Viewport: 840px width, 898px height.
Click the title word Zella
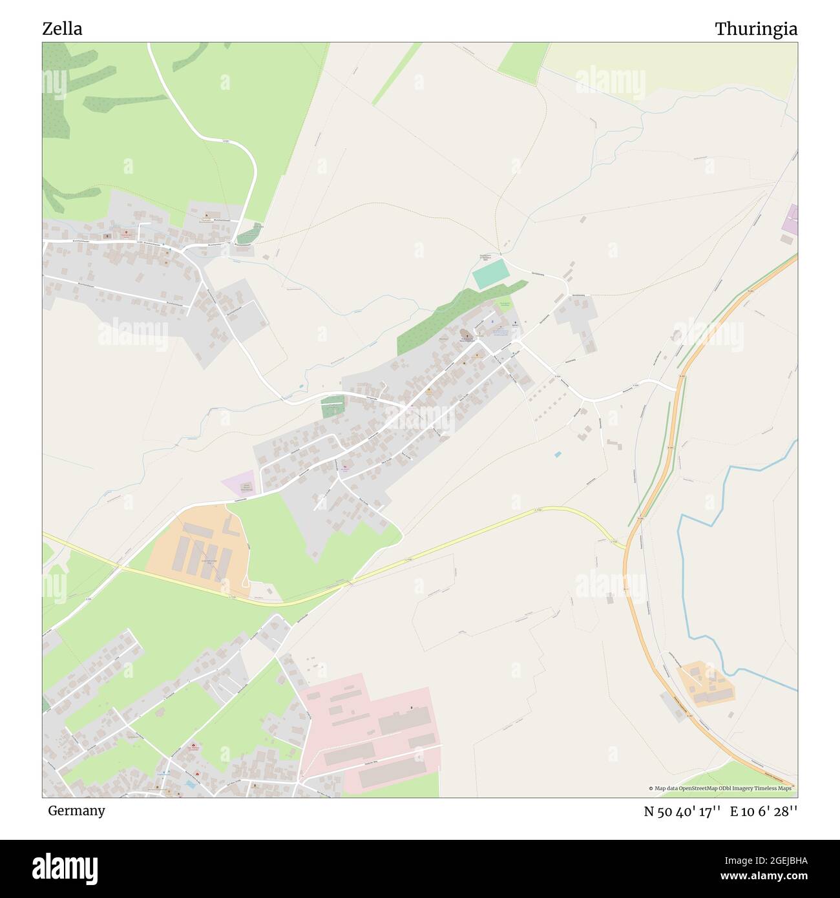pyautogui.click(x=62, y=29)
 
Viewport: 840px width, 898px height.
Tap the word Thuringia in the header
pyautogui.click(x=755, y=29)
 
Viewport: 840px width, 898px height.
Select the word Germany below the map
pyautogui.click(x=76, y=810)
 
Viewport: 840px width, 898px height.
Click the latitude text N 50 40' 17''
pyautogui.click(x=682, y=811)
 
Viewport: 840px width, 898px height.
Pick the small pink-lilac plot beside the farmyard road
pyautogui.click(x=239, y=486)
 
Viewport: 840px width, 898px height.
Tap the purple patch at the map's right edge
pyautogui.click(x=790, y=220)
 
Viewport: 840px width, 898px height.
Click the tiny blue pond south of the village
pyautogui.click(x=558, y=454)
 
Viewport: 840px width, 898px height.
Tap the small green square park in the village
pyautogui.click(x=333, y=406)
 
